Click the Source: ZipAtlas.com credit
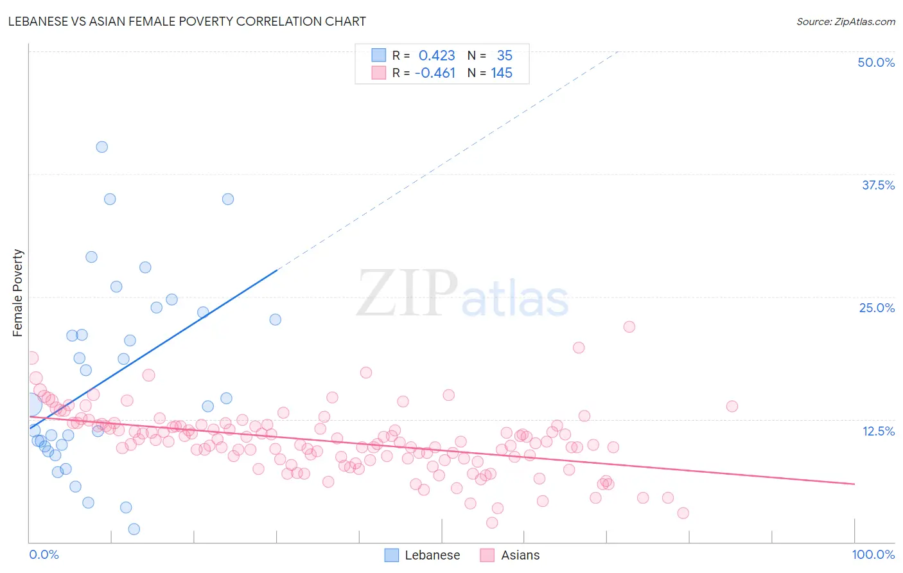click(845, 21)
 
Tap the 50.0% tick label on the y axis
click(876, 62)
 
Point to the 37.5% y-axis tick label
click(878, 185)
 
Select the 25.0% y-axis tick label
click(877, 308)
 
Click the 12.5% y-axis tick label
click(878, 431)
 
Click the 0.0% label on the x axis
click(44, 554)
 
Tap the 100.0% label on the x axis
click(873, 554)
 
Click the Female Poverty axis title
click(18, 293)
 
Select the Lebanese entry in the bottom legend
click(432, 555)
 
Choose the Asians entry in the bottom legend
click(520, 555)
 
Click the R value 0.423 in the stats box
click(437, 56)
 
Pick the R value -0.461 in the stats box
click(435, 73)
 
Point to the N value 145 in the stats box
click(502, 73)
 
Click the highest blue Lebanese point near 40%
click(101, 146)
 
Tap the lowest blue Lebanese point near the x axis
click(134, 529)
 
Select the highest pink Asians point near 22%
click(629, 326)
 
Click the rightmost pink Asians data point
click(732, 406)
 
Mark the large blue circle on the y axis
click(30, 404)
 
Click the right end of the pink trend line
click(854, 484)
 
